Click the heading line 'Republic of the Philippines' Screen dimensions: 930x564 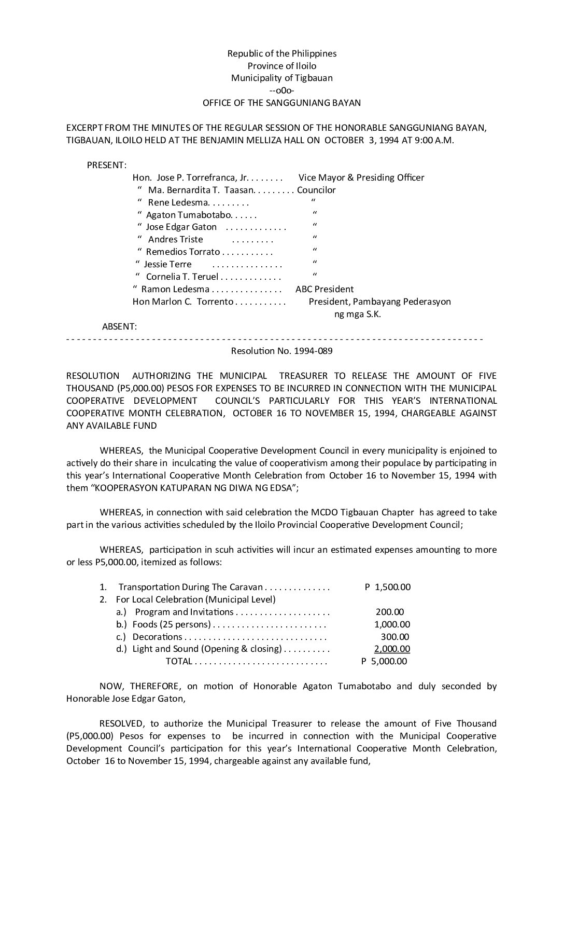point(282,53)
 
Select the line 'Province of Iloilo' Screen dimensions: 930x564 point(282,66)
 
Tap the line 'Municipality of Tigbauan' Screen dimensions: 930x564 point(282,78)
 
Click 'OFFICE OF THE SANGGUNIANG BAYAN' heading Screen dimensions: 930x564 point(281,103)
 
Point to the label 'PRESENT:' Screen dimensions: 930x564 point(107,165)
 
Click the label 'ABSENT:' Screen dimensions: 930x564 point(120,326)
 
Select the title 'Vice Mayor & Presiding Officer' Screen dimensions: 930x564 point(361,177)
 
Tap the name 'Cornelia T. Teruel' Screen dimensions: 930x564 point(182,277)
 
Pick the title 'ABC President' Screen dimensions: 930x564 point(325,289)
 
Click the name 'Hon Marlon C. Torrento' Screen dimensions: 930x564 point(183,302)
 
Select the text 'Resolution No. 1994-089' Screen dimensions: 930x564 point(281,351)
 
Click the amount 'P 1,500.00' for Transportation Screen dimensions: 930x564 point(388,587)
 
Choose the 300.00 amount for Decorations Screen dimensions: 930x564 point(395,637)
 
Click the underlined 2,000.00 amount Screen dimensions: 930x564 point(392,649)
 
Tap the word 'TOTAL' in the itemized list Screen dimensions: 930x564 point(179,661)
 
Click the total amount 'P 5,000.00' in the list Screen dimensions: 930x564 point(384,661)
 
